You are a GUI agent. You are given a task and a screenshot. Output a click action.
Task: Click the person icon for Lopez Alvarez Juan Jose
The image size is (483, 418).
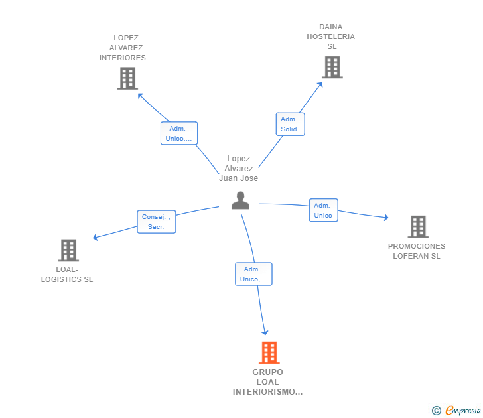point(240,200)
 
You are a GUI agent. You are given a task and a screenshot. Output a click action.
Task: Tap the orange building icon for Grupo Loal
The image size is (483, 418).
point(269,353)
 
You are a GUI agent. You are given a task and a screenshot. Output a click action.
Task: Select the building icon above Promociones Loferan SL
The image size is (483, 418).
point(418,227)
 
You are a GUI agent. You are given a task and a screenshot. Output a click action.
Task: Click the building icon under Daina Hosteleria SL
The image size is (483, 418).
point(332,67)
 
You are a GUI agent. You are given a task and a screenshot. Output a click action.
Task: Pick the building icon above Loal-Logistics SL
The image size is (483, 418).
point(68,250)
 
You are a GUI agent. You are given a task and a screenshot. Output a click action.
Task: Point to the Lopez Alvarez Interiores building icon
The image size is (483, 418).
point(127,78)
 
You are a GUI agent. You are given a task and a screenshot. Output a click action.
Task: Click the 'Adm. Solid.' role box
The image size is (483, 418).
point(290,124)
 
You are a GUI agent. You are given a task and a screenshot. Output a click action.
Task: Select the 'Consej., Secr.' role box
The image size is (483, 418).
point(157,222)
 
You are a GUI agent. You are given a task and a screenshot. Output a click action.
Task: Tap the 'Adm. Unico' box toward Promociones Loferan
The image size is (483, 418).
point(324,210)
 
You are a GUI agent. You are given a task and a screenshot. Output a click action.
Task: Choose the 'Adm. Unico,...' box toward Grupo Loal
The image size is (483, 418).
point(253,274)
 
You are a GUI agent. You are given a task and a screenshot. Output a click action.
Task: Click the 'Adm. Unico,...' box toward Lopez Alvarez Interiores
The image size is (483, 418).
point(179,133)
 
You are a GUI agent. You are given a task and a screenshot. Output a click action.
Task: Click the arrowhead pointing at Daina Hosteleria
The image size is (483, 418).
point(320,85)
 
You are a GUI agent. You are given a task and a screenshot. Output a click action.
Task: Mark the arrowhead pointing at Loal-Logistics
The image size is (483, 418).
point(96,237)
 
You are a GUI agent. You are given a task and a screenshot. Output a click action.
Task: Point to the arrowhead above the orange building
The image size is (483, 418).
point(265,332)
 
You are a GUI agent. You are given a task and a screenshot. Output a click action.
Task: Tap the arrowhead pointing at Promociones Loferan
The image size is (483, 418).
point(386,217)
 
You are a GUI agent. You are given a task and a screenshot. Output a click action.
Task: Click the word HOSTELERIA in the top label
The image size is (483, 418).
point(330,36)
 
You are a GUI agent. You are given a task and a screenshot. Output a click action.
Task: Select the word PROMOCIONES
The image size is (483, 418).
point(417,246)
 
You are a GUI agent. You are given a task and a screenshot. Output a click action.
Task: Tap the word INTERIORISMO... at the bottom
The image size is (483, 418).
point(267,392)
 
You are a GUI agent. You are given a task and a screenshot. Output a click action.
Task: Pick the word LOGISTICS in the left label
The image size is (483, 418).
point(61,279)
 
